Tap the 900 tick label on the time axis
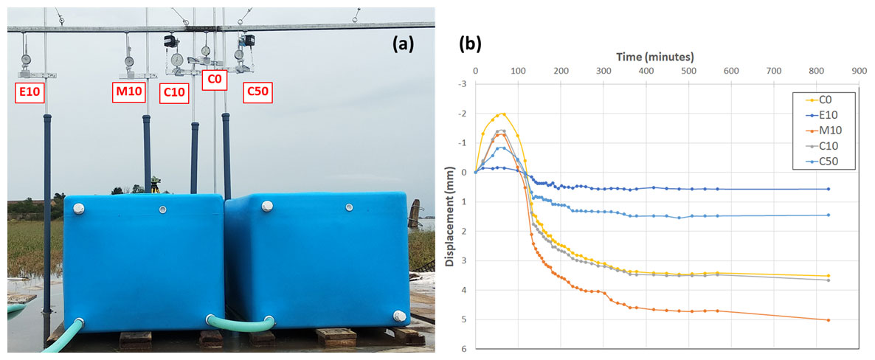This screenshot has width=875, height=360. (x=857, y=71)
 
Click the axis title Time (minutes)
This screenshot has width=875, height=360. (x=655, y=57)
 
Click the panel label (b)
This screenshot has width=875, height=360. (x=470, y=44)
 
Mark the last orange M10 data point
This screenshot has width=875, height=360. (x=829, y=320)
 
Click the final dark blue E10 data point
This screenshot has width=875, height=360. (x=829, y=189)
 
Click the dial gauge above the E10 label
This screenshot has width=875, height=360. (x=27, y=60)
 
